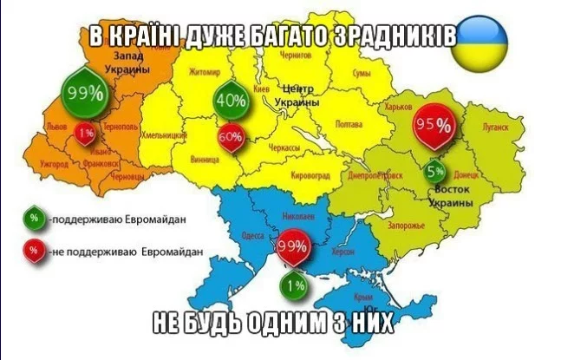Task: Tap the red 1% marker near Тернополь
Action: pyautogui.click(x=85, y=134)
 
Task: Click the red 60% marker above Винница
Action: pyautogui.click(x=230, y=138)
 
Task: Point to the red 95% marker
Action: pyautogui.click(x=434, y=125)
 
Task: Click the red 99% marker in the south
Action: pyautogui.click(x=292, y=246)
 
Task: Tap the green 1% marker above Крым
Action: pyautogui.click(x=293, y=285)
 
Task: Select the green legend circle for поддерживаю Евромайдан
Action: pyautogui.click(x=32, y=219)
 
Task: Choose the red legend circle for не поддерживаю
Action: pyautogui.click(x=32, y=252)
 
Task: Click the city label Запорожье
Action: pyautogui.click(x=406, y=226)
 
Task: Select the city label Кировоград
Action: pyautogui.click(x=310, y=175)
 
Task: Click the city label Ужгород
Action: pyautogui.click(x=54, y=162)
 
